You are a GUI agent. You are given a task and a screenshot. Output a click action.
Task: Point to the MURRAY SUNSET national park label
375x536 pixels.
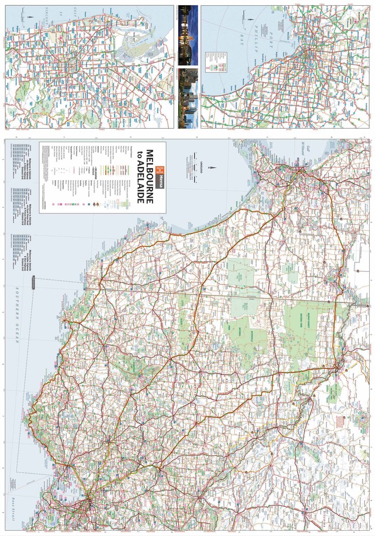(308, 323)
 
